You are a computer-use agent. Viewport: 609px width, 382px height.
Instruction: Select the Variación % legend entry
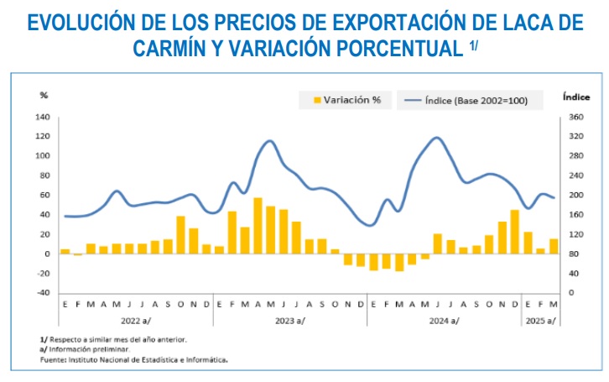click(347, 100)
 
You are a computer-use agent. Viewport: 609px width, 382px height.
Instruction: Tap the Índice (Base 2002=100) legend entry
click(466, 101)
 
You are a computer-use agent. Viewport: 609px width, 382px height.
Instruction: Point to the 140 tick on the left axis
click(43, 117)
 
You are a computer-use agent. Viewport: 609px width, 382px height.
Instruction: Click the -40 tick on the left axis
click(43, 293)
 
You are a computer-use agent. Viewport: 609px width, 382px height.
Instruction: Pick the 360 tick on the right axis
click(576, 117)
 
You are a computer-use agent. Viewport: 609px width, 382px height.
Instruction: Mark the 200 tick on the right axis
click(576, 195)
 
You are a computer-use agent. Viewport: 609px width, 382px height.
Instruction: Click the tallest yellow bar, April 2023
click(258, 226)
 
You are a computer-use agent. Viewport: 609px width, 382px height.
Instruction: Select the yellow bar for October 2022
click(180, 235)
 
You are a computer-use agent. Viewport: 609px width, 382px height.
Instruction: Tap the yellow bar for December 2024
click(514, 232)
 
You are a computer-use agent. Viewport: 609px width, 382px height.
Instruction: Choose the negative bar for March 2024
click(399, 262)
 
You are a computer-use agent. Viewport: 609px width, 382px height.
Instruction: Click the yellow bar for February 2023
click(232, 233)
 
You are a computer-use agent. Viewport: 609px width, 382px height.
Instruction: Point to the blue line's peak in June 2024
click(437, 138)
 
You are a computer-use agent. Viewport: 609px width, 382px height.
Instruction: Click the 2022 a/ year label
click(136, 321)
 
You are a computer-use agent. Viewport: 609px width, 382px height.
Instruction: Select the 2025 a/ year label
click(541, 321)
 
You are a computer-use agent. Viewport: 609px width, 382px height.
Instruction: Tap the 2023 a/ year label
click(290, 321)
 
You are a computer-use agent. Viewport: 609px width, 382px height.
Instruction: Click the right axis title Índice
click(576, 97)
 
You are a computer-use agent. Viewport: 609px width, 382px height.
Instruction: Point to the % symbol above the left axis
click(44, 95)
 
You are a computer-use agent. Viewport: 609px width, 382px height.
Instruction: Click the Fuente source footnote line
click(134, 360)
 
